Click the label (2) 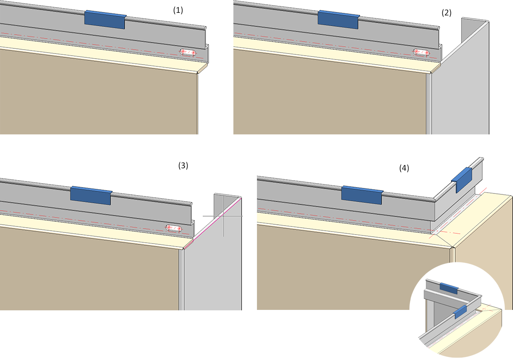coord(447,13)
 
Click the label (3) coord(183,165)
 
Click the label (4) coord(404,168)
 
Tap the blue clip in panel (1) coord(105,20)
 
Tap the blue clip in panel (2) coord(338,19)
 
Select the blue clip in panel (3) coord(91,195)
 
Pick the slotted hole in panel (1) coord(188,53)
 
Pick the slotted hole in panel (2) coord(421,52)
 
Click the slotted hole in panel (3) coord(175,228)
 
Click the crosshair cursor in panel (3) coord(223,216)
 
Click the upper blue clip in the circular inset coord(449,288)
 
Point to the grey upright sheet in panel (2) coord(460,86)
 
